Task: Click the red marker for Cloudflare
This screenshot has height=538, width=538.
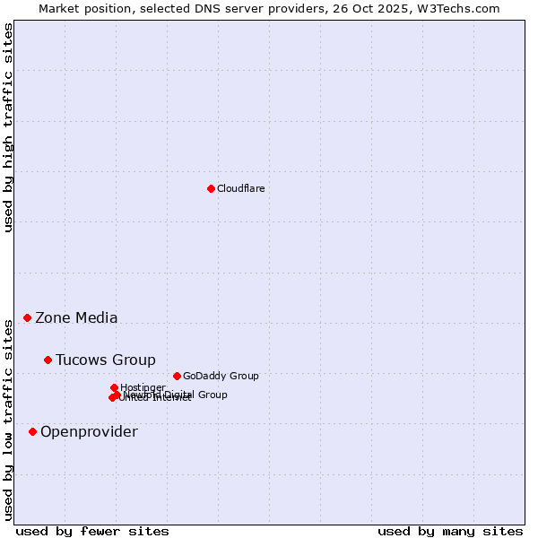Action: coord(211,188)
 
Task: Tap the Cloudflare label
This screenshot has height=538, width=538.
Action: coord(240,188)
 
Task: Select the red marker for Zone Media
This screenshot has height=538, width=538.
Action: coord(28,317)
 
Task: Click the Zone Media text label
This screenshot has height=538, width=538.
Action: coord(76,317)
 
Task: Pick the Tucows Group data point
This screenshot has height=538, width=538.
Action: coord(48,360)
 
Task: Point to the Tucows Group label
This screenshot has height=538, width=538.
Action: coord(105,360)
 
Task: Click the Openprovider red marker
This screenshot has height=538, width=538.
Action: coord(33,431)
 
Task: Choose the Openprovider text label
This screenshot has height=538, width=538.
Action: coord(89,431)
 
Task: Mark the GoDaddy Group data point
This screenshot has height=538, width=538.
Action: coord(177,376)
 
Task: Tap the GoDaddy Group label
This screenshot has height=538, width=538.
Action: coord(221,376)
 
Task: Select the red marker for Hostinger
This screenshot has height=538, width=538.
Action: coord(114,387)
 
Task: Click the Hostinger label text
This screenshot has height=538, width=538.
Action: coord(143,387)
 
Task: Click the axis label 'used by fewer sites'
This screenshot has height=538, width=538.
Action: coord(92,531)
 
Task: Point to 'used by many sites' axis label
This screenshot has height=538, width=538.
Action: coord(450,531)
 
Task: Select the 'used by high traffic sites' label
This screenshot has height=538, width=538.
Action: coord(8,127)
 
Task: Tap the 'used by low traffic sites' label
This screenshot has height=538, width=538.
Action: coord(8,420)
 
